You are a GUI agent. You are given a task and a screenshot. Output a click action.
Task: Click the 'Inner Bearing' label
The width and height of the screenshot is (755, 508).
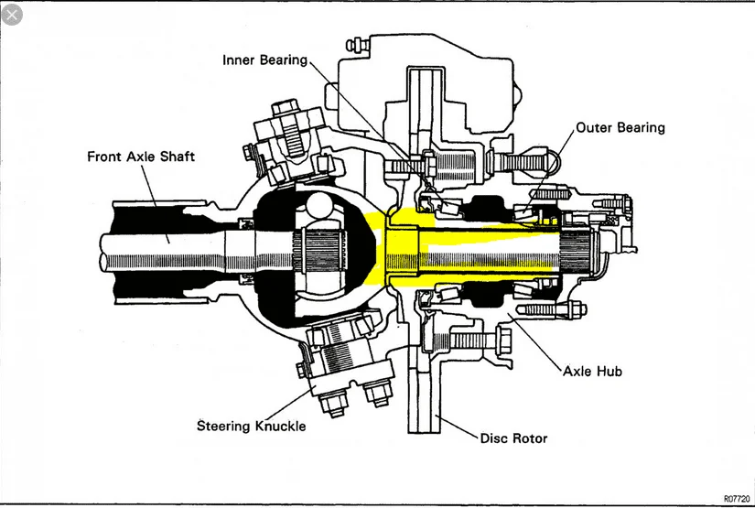click(x=264, y=60)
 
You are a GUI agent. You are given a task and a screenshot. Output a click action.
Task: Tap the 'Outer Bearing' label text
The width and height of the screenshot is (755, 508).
click(x=620, y=127)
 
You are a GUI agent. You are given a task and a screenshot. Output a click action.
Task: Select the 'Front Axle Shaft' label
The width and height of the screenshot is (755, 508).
click(x=141, y=157)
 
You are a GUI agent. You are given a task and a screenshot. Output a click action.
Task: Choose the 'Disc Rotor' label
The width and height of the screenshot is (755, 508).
click(x=513, y=438)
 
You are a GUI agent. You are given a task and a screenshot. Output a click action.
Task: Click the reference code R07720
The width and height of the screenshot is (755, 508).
click(x=736, y=498)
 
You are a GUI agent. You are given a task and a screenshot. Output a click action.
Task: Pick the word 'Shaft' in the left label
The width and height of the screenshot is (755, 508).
click(x=177, y=157)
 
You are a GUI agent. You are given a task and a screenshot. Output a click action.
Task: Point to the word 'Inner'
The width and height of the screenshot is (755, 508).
click(x=240, y=60)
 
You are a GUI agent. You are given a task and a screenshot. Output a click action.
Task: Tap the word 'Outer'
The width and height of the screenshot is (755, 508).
click(x=594, y=127)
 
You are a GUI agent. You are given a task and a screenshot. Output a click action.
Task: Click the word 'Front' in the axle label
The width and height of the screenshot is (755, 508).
click(x=106, y=157)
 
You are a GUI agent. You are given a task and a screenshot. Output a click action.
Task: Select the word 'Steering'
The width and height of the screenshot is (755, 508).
click(x=224, y=426)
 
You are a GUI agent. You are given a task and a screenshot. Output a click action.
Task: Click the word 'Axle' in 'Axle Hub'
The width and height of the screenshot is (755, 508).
click(x=579, y=372)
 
